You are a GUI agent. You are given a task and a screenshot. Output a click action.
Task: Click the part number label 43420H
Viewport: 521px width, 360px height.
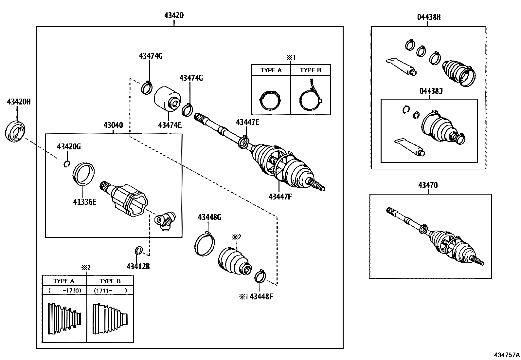(19, 102)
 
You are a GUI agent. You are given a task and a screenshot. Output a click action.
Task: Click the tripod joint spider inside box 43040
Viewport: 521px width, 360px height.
(165, 221)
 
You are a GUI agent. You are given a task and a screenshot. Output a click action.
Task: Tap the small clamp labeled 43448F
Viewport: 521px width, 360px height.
(260, 275)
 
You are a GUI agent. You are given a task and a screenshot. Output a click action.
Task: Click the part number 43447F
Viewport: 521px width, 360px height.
(280, 197)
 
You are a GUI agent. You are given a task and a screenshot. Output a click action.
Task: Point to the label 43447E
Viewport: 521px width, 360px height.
(247, 122)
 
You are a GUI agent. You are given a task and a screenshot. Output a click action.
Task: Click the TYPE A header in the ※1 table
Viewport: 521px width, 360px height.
(271, 70)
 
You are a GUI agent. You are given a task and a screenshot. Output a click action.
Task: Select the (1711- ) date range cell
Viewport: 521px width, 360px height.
(110, 290)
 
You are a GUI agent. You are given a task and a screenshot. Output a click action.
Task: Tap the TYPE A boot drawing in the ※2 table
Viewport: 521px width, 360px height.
(64, 319)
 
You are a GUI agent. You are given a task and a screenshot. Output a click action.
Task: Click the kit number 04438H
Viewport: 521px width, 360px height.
(429, 17)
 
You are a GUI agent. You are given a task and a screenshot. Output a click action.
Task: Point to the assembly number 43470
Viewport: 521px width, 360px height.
(428, 185)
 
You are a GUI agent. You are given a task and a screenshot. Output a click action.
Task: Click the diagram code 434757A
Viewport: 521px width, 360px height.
(507, 354)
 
